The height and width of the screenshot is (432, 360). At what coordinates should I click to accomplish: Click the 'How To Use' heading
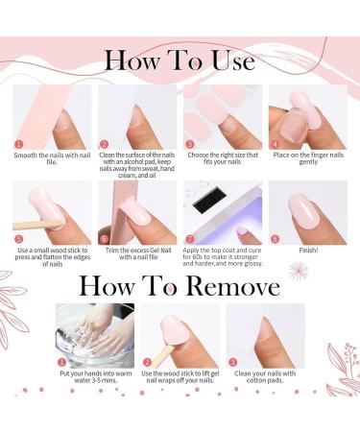[x=180, y=60]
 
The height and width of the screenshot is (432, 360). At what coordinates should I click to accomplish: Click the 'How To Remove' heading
[x=180, y=285]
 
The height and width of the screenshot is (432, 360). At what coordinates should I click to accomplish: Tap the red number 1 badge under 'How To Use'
[x=17, y=144]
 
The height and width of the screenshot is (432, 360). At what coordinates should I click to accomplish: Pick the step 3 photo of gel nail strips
[x=222, y=116]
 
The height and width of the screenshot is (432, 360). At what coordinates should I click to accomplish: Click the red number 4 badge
[x=274, y=144]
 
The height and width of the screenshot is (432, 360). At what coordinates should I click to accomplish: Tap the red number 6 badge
[x=104, y=238]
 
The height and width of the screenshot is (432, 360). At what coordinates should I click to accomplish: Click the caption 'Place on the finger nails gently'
[x=306, y=156]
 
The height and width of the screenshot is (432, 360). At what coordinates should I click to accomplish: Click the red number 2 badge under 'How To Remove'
[x=146, y=362]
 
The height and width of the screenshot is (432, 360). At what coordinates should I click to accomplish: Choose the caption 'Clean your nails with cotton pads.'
[x=265, y=378]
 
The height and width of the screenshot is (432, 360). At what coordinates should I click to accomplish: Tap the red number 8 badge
[x=275, y=238]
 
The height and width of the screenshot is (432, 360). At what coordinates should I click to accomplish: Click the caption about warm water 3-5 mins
[x=94, y=378]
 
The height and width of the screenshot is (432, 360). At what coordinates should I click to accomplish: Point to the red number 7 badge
[x=189, y=238]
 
